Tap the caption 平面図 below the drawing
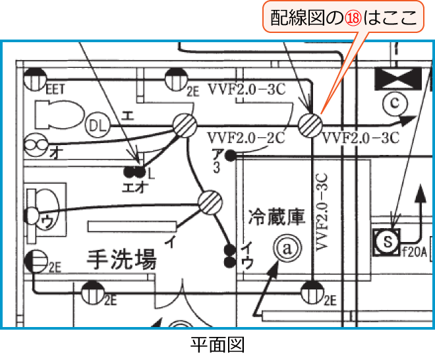pos(218,344)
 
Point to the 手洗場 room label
pos(122,260)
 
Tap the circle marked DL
pos(97,123)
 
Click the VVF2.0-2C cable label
pos(246,139)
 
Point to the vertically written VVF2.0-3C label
pos(322,211)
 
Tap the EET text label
pos(55,89)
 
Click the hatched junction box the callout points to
pos(309,124)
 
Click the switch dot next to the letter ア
pos(231,156)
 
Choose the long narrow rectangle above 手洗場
pos(126,225)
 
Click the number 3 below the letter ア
pos(216,167)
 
